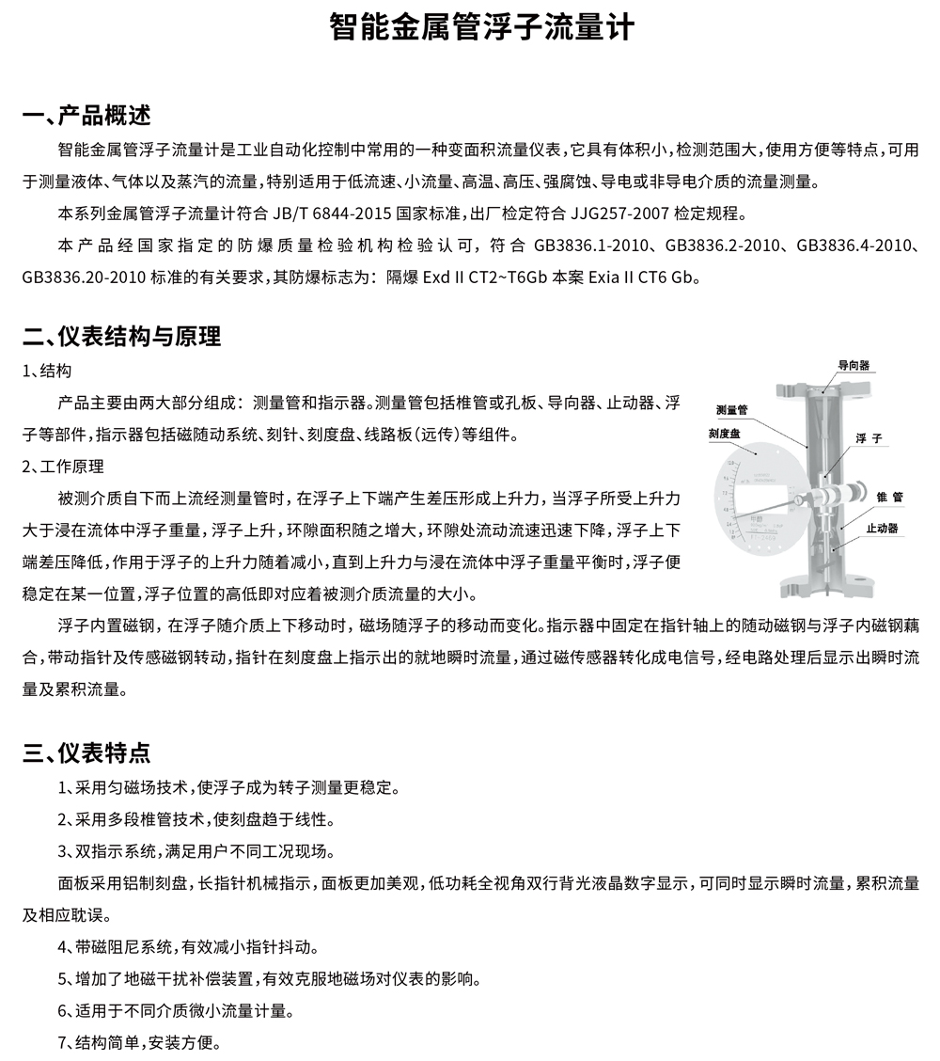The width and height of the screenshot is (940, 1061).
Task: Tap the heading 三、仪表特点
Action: click(86, 752)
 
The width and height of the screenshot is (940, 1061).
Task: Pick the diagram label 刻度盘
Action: click(725, 434)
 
